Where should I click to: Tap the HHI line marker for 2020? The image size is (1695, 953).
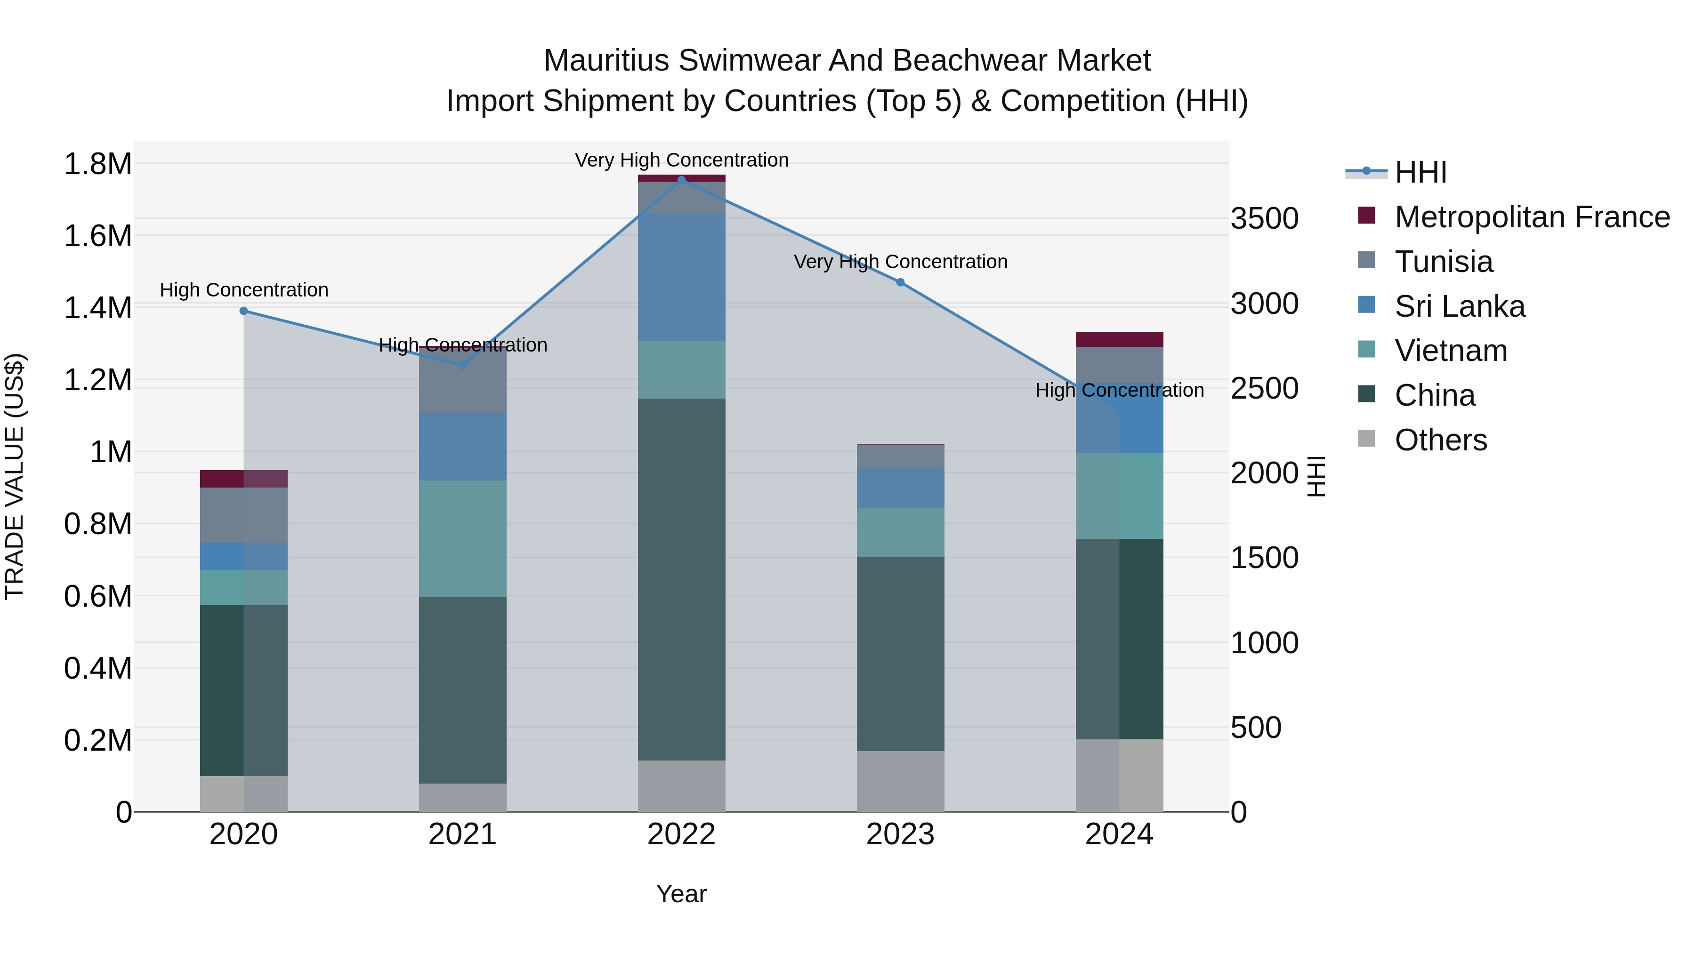coord(243,311)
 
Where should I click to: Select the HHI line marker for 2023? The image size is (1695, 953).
coord(900,282)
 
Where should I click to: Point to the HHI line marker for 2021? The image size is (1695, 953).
coord(462,365)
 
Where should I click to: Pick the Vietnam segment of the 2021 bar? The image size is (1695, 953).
coord(462,539)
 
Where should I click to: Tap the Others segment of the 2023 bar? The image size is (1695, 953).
coord(900,781)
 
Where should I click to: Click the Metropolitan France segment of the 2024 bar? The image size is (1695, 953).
coord(1119,339)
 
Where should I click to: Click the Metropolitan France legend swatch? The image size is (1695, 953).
coord(1367,216)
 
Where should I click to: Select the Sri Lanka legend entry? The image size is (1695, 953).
coord(1460,306)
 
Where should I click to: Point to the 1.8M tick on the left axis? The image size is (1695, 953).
coord(97,164)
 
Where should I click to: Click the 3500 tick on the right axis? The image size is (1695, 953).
coord(1264,218)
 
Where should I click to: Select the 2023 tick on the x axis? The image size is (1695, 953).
coord(900,834)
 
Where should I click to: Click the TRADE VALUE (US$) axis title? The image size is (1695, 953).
coord(15,476)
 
